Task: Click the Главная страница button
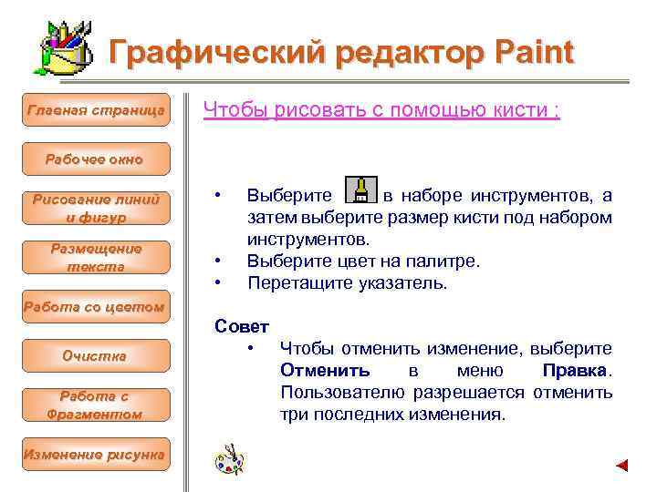coord(96,110)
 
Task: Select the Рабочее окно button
coord(95,159)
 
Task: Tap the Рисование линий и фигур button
coord(96,208)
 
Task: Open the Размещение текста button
coord(96,257)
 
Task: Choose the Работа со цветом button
coord(96,306)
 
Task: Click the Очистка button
coord(96,355)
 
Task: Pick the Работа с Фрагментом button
coord(96,405)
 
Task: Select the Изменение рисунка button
coord(96,454)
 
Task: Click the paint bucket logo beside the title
coord(65,47)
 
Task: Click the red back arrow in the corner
coord(622,466)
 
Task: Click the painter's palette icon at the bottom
coord(229,459)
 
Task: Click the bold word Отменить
coord(325,371)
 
